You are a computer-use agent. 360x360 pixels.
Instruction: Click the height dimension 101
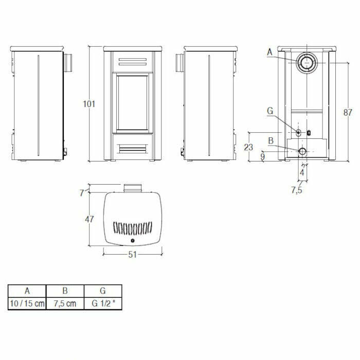click(89, 103)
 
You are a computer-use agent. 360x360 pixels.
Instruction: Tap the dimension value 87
click(348, 112)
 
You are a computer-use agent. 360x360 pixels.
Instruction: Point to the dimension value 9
click(262, 156)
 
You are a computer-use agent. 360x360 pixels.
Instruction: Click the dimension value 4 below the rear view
click(302, 173)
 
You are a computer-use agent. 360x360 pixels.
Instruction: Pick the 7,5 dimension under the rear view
click(297, 190)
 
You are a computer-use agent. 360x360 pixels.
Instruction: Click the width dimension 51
click(133, 254)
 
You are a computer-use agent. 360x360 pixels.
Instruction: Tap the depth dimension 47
click(89, 219)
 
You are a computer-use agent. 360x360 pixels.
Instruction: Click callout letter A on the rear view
click(269, 51)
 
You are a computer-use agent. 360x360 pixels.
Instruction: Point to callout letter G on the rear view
click(269, 110)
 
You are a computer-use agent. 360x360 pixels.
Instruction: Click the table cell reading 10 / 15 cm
click(27, 303)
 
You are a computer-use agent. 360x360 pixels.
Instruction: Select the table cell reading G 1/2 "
click(103, 303)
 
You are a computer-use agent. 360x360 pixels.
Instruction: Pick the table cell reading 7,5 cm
click(65, 303)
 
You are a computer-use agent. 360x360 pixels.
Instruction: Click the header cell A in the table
click(27, 291)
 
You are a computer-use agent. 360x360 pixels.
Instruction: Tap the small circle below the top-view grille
click(133, 240)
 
